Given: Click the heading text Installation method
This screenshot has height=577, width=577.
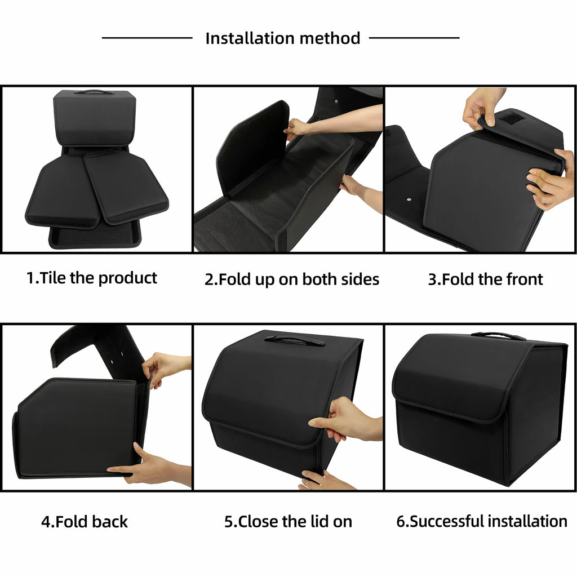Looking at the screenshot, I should (282, 38).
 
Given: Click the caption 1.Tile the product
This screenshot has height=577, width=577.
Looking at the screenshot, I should (92, 278).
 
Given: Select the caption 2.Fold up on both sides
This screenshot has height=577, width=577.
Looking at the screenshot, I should (291, 279).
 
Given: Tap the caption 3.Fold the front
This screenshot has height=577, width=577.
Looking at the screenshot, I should (485, 279).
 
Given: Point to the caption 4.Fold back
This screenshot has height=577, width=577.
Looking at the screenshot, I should (85, 521).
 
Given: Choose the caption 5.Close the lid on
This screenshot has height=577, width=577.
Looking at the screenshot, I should (288, 521).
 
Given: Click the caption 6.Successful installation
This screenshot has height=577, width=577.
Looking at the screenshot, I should (482, 521).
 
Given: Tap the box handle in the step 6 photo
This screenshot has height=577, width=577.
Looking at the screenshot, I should (498, 336).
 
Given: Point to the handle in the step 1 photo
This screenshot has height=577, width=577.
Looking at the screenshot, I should (94, 92).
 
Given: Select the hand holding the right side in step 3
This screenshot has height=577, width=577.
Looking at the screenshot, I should (549, 180).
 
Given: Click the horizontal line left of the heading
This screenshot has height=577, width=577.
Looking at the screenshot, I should (147, 38).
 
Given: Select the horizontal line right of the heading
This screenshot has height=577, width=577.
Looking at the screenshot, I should (414, 38).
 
